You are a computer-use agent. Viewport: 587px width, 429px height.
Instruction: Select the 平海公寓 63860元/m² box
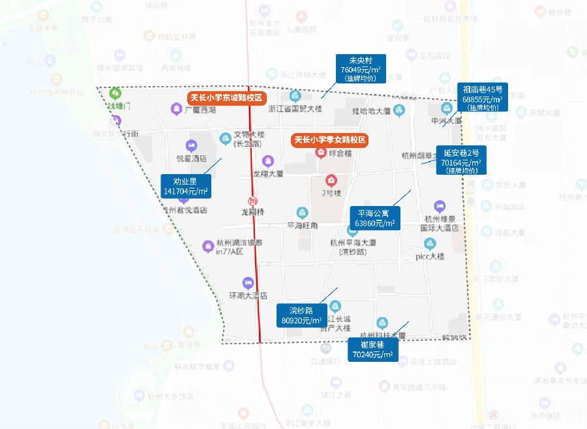pos(375,218)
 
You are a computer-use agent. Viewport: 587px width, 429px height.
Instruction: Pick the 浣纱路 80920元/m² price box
pos(301,316)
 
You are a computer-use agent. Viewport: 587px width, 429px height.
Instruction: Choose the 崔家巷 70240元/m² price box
pos(372,349)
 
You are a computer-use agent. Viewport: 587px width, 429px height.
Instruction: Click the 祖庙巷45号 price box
pos(482,98)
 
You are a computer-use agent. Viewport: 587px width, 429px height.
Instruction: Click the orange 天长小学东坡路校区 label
pos(226,98)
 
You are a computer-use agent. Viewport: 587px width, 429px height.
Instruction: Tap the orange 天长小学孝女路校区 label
pos(330,140)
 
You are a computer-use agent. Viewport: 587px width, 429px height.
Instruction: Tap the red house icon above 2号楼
pos(331,181)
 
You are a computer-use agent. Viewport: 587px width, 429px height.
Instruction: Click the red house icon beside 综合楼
pos(321,153)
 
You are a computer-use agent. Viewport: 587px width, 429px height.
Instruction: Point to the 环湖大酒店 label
pos(248,295)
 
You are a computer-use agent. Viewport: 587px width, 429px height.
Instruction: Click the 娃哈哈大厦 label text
pos(371,111)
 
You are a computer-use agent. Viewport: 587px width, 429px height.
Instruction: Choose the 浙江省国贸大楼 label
pos(295,109)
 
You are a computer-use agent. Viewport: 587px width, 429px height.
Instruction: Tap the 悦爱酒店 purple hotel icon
pos(191,145)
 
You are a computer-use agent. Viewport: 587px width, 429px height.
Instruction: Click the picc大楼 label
pos(430,256)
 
